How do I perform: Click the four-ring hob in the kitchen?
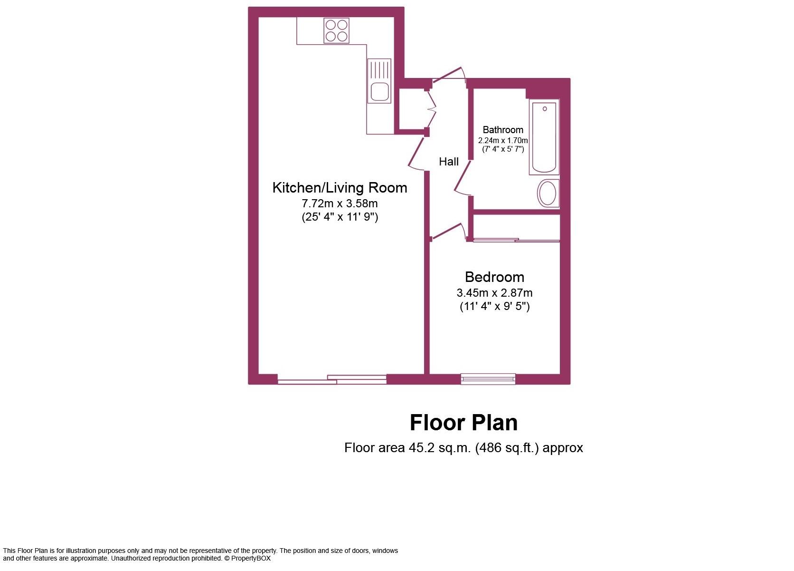point(336,30)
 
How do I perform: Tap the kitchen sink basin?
point(380,91)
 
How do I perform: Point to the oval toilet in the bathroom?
point(548,194)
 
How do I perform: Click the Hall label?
point(448,162)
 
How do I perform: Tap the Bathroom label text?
point(503,130)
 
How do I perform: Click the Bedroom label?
point(494,277)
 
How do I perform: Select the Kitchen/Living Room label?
point(340,188)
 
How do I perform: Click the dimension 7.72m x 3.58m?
point(340,203)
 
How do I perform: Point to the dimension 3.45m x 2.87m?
point(494,293)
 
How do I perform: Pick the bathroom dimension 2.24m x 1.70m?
point(503,141)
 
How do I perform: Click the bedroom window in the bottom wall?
point(488,378)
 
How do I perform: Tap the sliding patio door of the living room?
point(332,379)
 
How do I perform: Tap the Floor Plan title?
point(463,423)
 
